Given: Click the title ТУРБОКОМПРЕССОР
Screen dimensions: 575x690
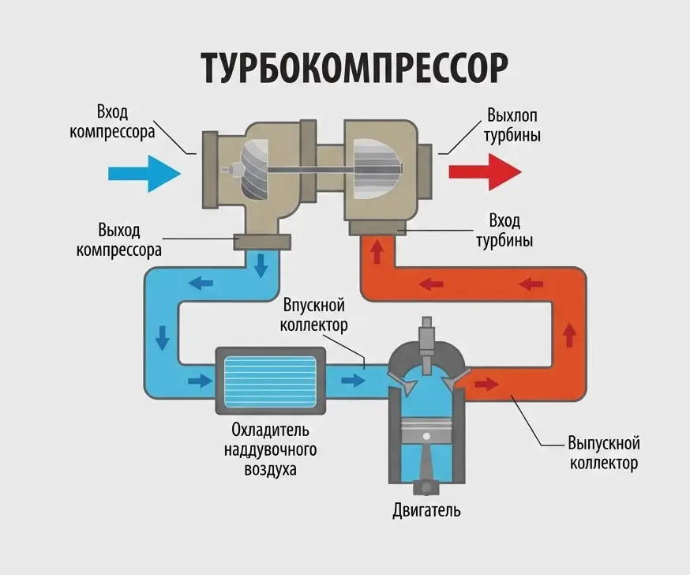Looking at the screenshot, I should pyautogui.click(x=353, y=68).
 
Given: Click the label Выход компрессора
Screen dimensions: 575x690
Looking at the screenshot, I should pyautogui.click(x=119, y=240).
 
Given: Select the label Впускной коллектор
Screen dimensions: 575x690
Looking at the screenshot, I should pyautogui.click(x=315, y=314).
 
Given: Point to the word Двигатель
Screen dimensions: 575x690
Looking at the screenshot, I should pyautogui.click(x=426, y=510).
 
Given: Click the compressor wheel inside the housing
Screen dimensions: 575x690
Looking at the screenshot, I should pyautogui.click(x=261, y=169).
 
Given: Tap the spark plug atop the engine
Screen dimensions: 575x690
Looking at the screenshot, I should pyautogui.click(x=427, y=335).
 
